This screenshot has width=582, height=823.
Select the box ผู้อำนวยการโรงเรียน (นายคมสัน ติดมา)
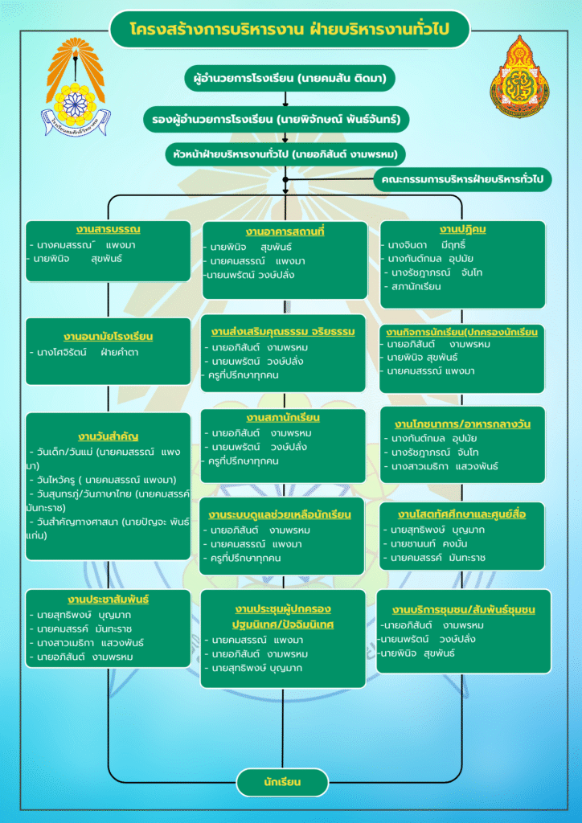[285, 79]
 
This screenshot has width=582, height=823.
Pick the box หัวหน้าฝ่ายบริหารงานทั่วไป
[285, 153]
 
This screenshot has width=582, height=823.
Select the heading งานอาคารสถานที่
[285, 232]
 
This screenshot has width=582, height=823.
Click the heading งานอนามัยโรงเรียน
[108, 336]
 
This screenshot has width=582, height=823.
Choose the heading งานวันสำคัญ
[108, 436]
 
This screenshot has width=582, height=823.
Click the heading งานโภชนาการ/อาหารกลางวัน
[462, 424]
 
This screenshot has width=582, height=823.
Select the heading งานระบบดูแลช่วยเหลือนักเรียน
[279, 514]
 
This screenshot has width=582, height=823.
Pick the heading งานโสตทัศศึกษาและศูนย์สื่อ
[461, 514]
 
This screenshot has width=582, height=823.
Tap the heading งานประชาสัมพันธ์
[108, 600]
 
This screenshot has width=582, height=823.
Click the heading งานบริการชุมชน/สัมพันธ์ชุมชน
[463, 609]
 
